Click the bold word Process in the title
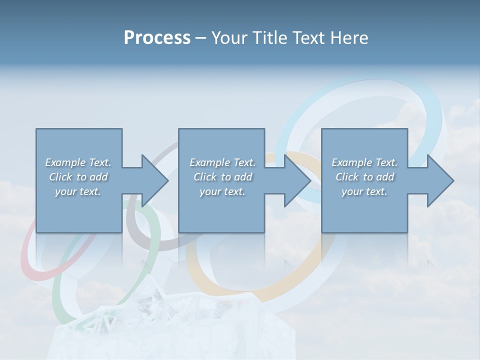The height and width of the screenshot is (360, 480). pos(157,38)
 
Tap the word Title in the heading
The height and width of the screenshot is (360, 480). pos(270,38)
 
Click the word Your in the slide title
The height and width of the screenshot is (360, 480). pos(231,38)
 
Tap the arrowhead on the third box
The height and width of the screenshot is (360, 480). pos(439,180)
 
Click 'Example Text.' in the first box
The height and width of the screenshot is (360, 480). pos(78,162)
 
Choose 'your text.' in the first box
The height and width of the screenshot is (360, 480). pos(78,191)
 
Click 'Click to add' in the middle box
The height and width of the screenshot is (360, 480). pos(222,177)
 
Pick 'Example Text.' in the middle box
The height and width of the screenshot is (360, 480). pos(222,162)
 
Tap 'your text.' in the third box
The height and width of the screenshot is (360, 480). pos(364,191)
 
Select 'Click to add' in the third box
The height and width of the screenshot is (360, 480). pos(364,177)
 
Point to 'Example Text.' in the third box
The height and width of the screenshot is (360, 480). pos(364,162)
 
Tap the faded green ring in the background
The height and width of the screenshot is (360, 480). pos(57,295)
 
